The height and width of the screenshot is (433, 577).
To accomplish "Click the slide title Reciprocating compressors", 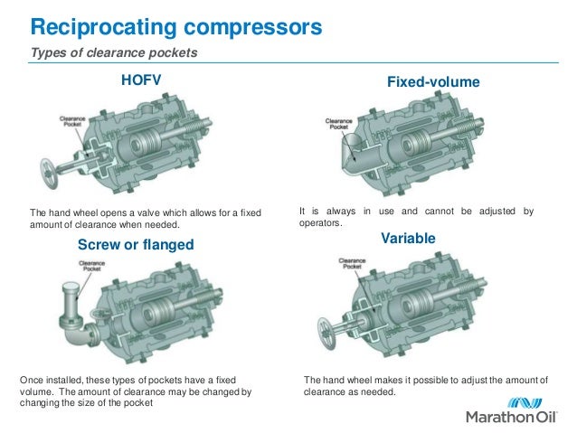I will coord(171,27).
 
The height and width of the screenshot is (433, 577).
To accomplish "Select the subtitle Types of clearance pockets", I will coord(114,53).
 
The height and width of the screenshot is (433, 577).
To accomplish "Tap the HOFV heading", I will coord(140,81).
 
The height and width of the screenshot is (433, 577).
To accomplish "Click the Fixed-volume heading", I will coord(433,82).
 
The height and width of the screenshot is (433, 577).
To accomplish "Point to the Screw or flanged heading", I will coord(137,245).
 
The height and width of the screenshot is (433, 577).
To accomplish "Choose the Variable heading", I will coord(408,238).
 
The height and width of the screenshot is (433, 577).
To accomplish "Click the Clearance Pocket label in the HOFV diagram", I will coord(72,119).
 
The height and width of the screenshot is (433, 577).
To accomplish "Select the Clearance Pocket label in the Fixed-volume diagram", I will coord(338,123).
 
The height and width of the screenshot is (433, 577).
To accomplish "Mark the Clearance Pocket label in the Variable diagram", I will coord(352,263).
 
